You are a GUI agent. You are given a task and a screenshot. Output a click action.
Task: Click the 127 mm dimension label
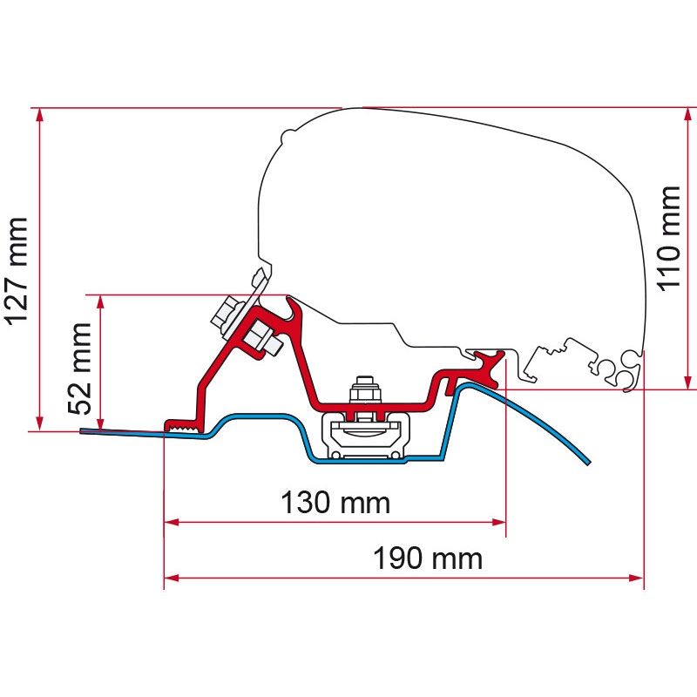coord(17,271)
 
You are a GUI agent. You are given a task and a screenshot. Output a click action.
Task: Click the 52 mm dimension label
coord(80,369)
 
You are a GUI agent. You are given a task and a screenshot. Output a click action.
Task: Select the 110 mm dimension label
coord(669,239)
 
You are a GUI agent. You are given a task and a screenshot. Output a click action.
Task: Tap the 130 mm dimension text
coord(335,503)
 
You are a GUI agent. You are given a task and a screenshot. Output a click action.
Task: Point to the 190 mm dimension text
coord(428,558)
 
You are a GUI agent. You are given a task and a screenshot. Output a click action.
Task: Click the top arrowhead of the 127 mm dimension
coord(40,116)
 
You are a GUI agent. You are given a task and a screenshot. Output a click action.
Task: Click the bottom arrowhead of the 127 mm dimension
coord(40,423)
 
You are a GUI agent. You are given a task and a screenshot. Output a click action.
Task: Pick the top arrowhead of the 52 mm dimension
coord(100,302)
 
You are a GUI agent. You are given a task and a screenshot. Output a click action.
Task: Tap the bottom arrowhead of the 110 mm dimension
coord(688,382)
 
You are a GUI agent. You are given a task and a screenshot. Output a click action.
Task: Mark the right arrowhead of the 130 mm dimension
coord(498,522)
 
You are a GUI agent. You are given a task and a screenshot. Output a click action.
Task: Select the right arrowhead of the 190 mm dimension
coord(637,578)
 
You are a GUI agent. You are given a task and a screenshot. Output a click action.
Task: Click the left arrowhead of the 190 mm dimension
coord(172,578)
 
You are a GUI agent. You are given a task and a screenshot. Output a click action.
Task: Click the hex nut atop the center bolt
coord(365,390)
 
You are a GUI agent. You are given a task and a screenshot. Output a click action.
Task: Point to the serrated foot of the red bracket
coord(184,426)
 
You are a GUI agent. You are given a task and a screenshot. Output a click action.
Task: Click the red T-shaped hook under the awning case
coord(489,365)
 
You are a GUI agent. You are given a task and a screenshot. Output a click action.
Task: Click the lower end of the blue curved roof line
coord(587,463)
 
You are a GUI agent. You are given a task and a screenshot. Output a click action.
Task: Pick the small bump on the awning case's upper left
coord(288,134)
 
